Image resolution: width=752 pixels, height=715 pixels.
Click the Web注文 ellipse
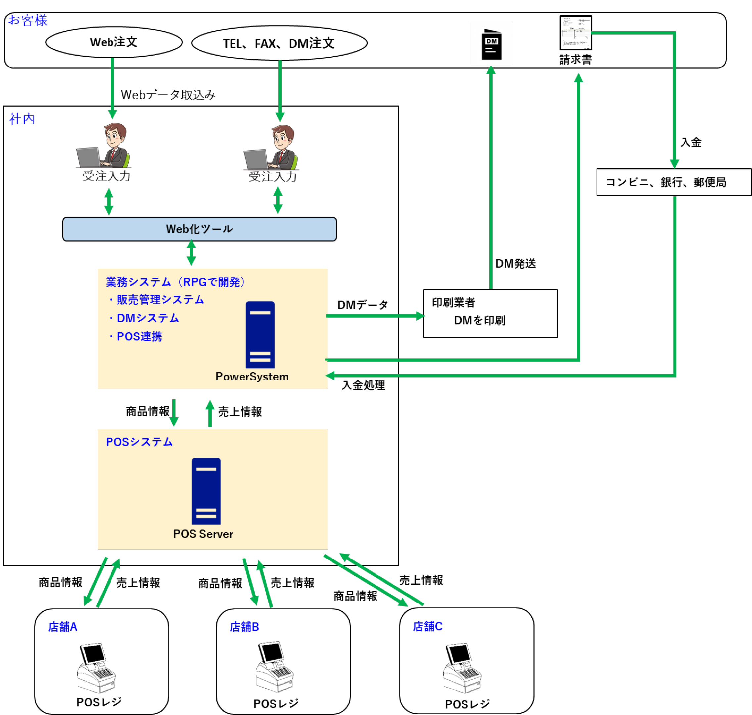pyautogui.click(x=113, y=42)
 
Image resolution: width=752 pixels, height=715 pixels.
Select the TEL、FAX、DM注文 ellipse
pyautogui.click(x=279, y=43)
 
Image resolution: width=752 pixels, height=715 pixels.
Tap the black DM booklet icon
pyautogui.click(x=491, y=44)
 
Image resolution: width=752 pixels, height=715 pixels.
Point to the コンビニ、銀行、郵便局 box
pyautogui.click(x=674, y=182)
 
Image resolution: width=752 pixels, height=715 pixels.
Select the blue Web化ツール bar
pyautogui.click(x=199, y=229)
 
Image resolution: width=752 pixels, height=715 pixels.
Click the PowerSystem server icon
pyautogui.click(x=260, y=335)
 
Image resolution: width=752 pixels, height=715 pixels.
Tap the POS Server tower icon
pyautogui.click(x=206, y=491)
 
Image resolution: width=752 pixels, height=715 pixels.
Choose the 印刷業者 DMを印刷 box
pyautogui.click(x=490, y=313)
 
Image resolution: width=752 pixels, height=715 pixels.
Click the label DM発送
pyautogui.click(x=515, y=263)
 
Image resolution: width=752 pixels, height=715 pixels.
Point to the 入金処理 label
pyautogui.click(x=363, y=385)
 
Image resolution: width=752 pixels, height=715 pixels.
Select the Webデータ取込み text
pyautogui.click(x=168, y=95)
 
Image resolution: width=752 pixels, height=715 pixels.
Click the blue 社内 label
pyautogui.click(x=22, y=119)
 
